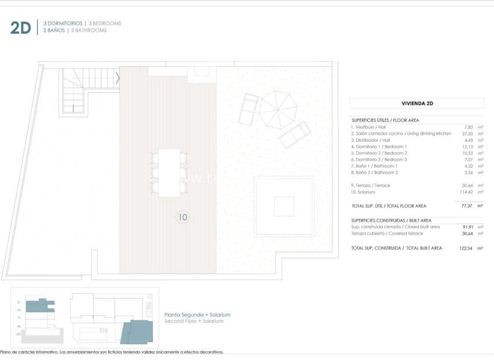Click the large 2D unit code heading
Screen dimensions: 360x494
20,27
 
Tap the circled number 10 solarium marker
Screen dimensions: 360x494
182,217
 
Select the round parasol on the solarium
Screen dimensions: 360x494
278,110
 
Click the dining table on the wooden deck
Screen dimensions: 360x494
169,173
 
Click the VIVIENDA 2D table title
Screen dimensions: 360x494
417,103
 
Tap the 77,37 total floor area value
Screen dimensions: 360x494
467,206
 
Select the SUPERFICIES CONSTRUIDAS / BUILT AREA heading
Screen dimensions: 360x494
391,220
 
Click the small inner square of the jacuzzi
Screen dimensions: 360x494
284,206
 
